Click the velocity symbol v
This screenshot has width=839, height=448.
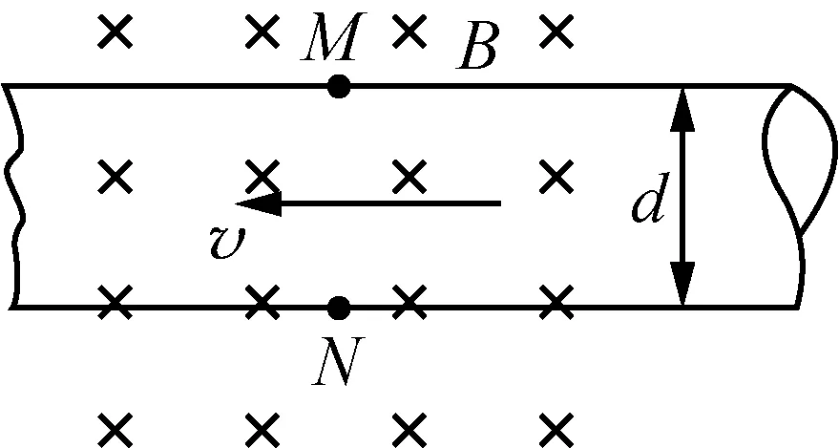(x=228, y=241)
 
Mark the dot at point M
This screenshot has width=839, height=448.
(x=338, y=87)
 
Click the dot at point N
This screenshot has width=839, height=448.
(x=338, y=308)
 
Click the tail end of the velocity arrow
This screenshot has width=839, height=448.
(x=499, y=203)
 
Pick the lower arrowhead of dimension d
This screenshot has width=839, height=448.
(x=682, y=287)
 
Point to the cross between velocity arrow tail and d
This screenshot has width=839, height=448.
(x=555, y=175)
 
